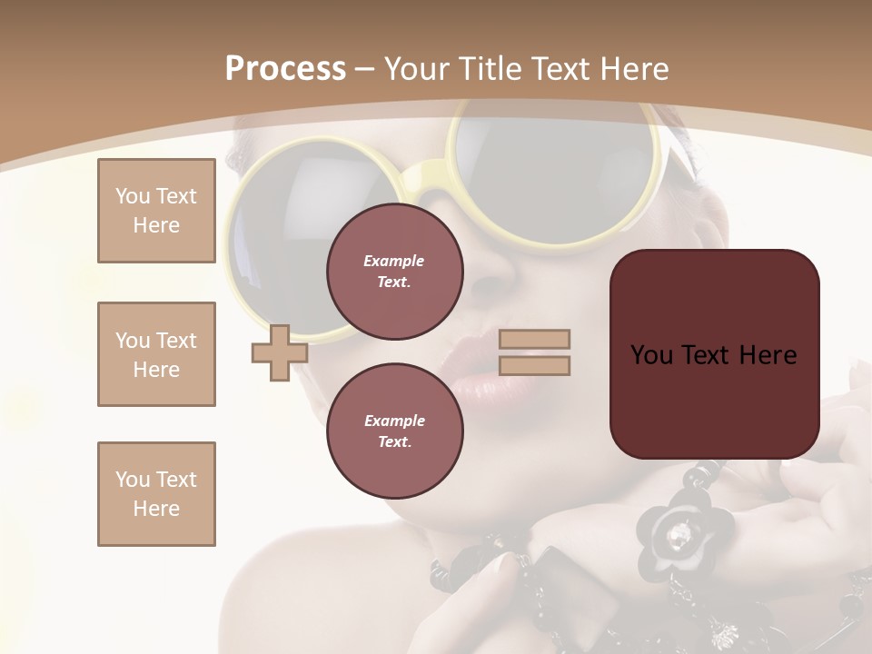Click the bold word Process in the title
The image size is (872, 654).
click(285, 69)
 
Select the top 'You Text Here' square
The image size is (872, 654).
click(156, 211)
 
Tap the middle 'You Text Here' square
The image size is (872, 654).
click(156, 354)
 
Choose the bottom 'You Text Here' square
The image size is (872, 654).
click(156, 494)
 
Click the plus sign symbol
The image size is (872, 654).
click(280, 352)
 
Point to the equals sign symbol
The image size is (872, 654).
click(534, 352)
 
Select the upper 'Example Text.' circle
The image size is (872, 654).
click(394, 272)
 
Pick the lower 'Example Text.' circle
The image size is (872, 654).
click(394, 431)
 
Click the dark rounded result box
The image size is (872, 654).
click(714, 354)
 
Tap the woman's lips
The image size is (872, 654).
click(472, 363)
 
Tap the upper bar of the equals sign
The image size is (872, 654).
click(534, 340)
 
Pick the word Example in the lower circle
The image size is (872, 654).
click(394, 421)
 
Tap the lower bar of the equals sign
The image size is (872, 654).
click(534, 365)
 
